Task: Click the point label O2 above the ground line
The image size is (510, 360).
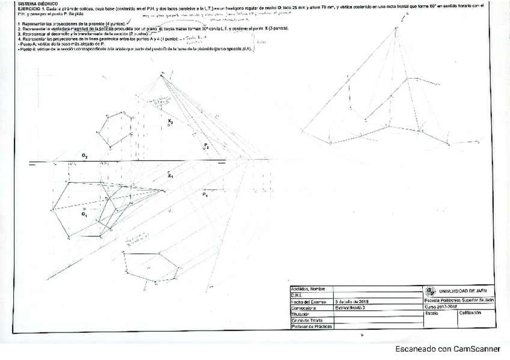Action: point(85,156)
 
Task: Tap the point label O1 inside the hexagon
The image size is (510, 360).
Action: point(85,213)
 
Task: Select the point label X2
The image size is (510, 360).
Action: point(170,122)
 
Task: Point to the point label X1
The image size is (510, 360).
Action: point(170,176)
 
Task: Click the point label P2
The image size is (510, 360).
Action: point(206,145)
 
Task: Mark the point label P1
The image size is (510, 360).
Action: point(205,195)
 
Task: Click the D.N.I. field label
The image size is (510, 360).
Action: point(296,294)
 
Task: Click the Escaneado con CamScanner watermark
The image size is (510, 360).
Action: point(447,349)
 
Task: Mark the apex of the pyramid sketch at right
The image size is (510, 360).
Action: point(396,28)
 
